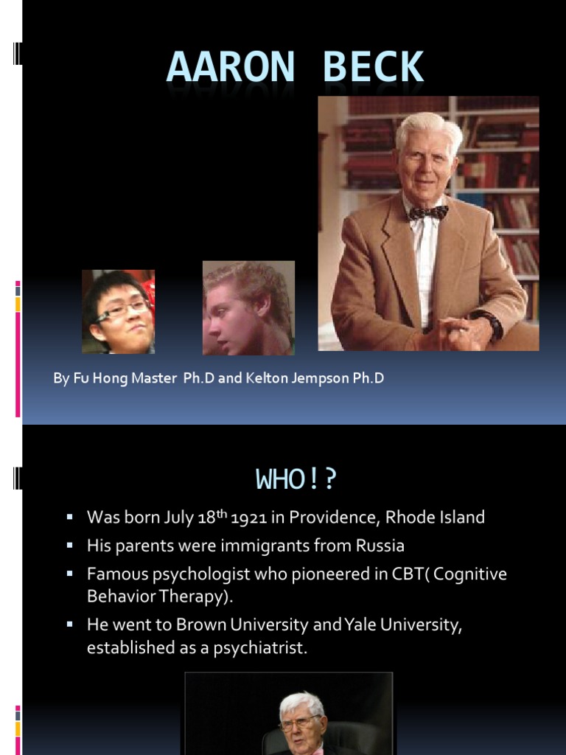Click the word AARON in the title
pyautogui.click(x=230, y=68)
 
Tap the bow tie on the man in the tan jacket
pyautogui.click(x=428, y=212)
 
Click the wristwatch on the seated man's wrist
pyautogui.click(x=488, y=324)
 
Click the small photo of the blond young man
pyautogui.click(x=248, y=308)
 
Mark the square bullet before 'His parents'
pyautogui.click(x=70, y=546)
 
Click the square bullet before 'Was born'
pyautogui.click(x=70, y=518)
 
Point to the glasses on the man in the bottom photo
pyautogui.click(x=301, y=725)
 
